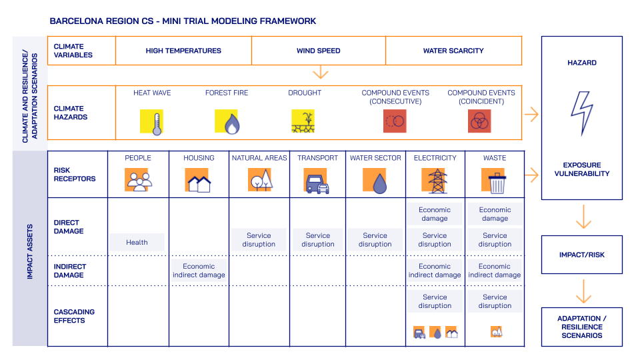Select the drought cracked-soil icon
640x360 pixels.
pyautogui.click(x=304, y=121)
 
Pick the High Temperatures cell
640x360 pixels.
pyautogui.click(x=183, y=51)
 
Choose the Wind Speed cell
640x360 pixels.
pyautogui.click(x=319, y=51)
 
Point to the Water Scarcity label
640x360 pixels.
pyautogui.click(x=453, y=51)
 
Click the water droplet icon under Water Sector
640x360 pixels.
pyautogui.click(x=376, y=181)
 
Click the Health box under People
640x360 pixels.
pyautogui.click(x=137, y=242)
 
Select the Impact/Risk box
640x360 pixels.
pyautogui.click(x=581, y=255)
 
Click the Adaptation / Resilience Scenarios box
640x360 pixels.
pyautogui.click(x=581, y=327)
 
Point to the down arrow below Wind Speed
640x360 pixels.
pyautogui.click(x=321, y=72)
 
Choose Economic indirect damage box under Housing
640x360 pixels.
pyautogui.click(x=199, y=270)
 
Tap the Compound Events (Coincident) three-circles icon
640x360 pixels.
pyautogui.click(x=479, y=121)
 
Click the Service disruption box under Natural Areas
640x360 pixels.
pyautogui.click(x=259, y=239)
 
